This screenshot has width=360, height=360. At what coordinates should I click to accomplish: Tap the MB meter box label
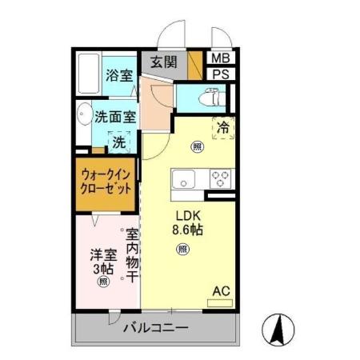(x=218, y=58)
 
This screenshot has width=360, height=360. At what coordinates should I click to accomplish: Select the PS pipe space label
(x=218, y=74)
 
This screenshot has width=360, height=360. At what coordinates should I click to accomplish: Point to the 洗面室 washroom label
(x=114, y=117)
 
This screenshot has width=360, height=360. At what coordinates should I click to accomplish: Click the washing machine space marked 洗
(x=118, y=143)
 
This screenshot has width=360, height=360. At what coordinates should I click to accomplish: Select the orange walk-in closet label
(x=106, y=185)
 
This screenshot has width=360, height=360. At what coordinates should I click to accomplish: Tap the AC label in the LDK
(x=220, y=291)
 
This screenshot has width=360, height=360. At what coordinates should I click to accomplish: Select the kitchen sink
(x=185, y=179)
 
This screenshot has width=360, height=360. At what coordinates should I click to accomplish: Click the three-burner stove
(x=220, y=178)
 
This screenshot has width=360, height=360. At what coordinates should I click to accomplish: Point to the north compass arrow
(x=278, y=330)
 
